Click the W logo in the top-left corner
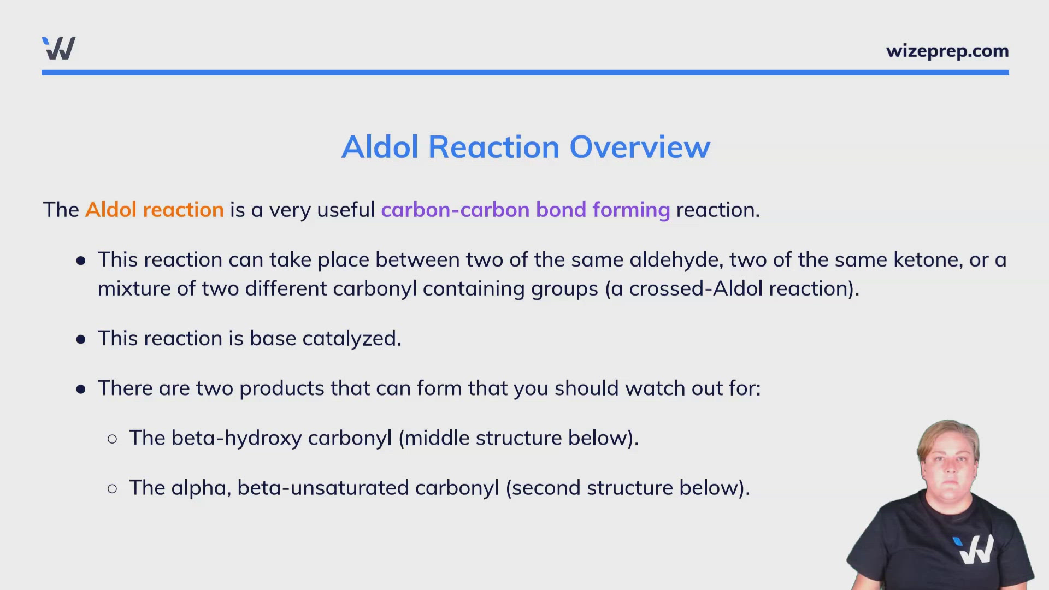(x=58, y=49)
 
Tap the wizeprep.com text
(x=947, y=51)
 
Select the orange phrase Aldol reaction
(x=154, y=210)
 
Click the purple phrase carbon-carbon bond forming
(x=525, y=210)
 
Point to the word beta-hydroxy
(x=236, y=439)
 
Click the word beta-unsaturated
(x=322, y=488)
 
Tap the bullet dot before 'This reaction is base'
(x=81, y=340)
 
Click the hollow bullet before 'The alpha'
(x=113, y=489)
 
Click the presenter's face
(x=950, y=459)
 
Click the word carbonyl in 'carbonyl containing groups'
(x=374, y=289)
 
